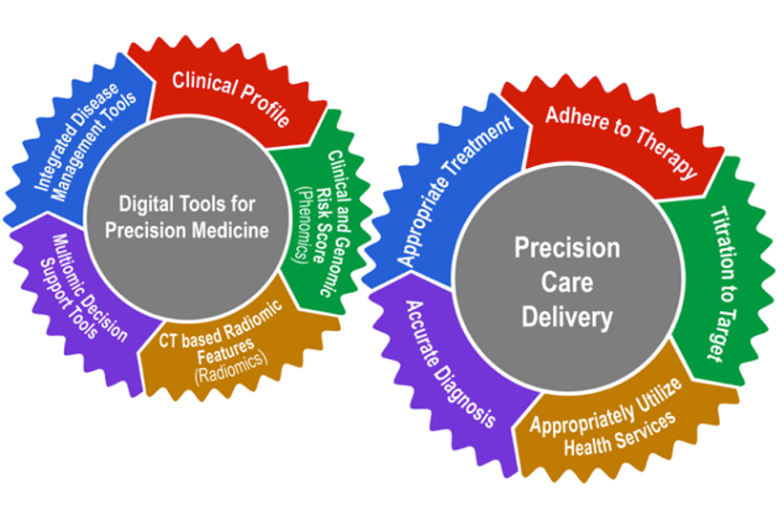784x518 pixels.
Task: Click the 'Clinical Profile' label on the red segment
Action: (230, 98)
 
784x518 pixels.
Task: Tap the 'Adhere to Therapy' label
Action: (621, 144)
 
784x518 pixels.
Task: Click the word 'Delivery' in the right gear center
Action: (566, 317)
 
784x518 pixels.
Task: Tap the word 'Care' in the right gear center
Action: (567, 282)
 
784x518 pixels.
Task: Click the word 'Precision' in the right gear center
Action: (567, 248)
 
